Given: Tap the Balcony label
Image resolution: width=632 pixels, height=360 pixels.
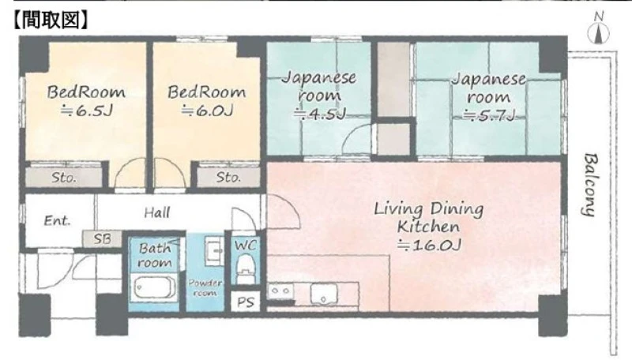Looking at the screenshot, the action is pyautogui.click(x=589, y=185).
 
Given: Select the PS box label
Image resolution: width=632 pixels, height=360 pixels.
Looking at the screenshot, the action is pyautogui.click(x=246, y=302).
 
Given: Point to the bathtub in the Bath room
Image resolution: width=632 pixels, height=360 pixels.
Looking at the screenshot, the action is pyautogui.click(x=154, y=287).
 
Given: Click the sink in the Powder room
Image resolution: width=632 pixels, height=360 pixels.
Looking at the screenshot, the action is pyautogui.click(x=213, y=250).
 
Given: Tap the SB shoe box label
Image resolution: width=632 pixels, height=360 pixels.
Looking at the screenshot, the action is pyautogui.click(x=102, y=239).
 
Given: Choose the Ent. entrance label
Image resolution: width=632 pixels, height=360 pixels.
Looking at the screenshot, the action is pyautogui.click(x=57, y=221).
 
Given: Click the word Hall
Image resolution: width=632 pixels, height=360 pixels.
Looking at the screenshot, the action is pyautogui.click(x=157, y=212).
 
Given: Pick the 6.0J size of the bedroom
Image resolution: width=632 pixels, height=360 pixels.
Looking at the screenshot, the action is pyautogui.click(x=207, y=111).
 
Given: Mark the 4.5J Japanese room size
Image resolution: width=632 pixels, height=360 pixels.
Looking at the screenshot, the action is pyautogui.click(x=320, y=114).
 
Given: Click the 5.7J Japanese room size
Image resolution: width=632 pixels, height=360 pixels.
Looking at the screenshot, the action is pyautogui.click(x=489, y=115).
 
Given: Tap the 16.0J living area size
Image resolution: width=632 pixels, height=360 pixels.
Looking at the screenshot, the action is pyautogui.click(x=429, y=245).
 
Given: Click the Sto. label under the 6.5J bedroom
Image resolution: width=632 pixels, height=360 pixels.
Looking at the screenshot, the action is pyautogui.click(x=64, y=178).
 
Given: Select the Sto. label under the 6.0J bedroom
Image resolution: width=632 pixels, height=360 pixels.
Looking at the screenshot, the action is pyautogui.click(x=228, y=177).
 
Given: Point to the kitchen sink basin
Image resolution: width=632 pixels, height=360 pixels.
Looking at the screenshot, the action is pyautogui.click(x=324, y=294).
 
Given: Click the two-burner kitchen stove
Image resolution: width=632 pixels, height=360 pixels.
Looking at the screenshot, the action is pyautogui.click(x=281, y=291).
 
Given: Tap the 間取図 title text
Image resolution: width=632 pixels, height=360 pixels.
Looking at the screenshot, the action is pyautogui.click(x=51, y=20).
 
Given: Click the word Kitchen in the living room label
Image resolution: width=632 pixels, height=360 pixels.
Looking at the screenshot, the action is pyautogui.click(x=428, y=227).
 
